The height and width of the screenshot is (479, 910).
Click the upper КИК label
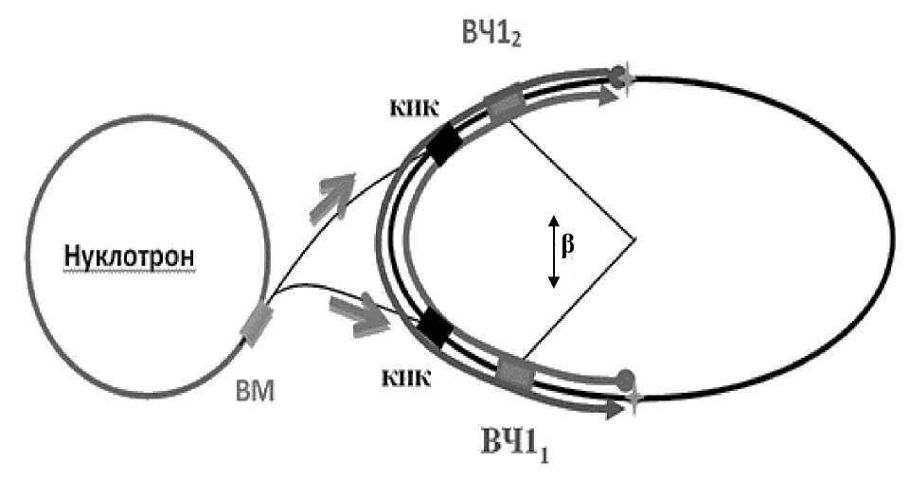click(x=419, y=109)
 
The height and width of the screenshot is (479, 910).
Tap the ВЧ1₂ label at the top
click(x=491, y=36)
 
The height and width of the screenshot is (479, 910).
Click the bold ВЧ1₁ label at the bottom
click(x=516, y=442)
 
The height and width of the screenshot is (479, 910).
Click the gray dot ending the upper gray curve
click(x=619, y=76)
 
